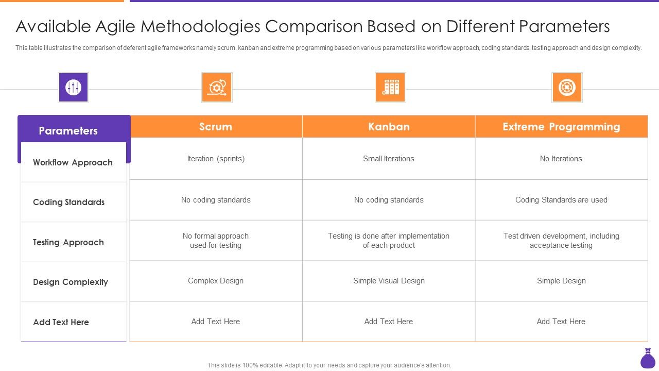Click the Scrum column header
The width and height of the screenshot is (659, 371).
[216, 127]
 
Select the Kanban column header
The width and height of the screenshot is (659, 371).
[389, 127]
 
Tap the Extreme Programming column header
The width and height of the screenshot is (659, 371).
[561, 127]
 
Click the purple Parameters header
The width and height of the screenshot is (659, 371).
[68, 131]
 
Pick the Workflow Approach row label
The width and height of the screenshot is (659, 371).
[73, 162]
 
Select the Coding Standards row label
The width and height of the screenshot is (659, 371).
[68, 202]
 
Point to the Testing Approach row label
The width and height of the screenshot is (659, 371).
[68, 242]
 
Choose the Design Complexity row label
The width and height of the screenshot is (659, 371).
[71, 282]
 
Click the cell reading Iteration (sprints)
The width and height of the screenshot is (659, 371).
[216, 159]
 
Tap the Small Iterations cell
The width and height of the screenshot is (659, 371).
[389, 159]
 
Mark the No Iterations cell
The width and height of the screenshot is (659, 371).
[561, 159]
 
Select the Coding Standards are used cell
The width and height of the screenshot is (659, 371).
[561, 200]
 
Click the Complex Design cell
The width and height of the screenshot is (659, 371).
[216, 281]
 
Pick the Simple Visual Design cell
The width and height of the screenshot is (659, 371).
[389, 281]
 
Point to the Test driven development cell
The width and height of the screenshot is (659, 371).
[561, 241]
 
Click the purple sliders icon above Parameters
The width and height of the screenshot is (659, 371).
[73, 87]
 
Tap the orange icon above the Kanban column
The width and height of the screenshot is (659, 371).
[390, 87]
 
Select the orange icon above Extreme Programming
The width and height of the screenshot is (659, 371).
[567, 87]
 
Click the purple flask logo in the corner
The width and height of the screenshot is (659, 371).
[648, 359]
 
